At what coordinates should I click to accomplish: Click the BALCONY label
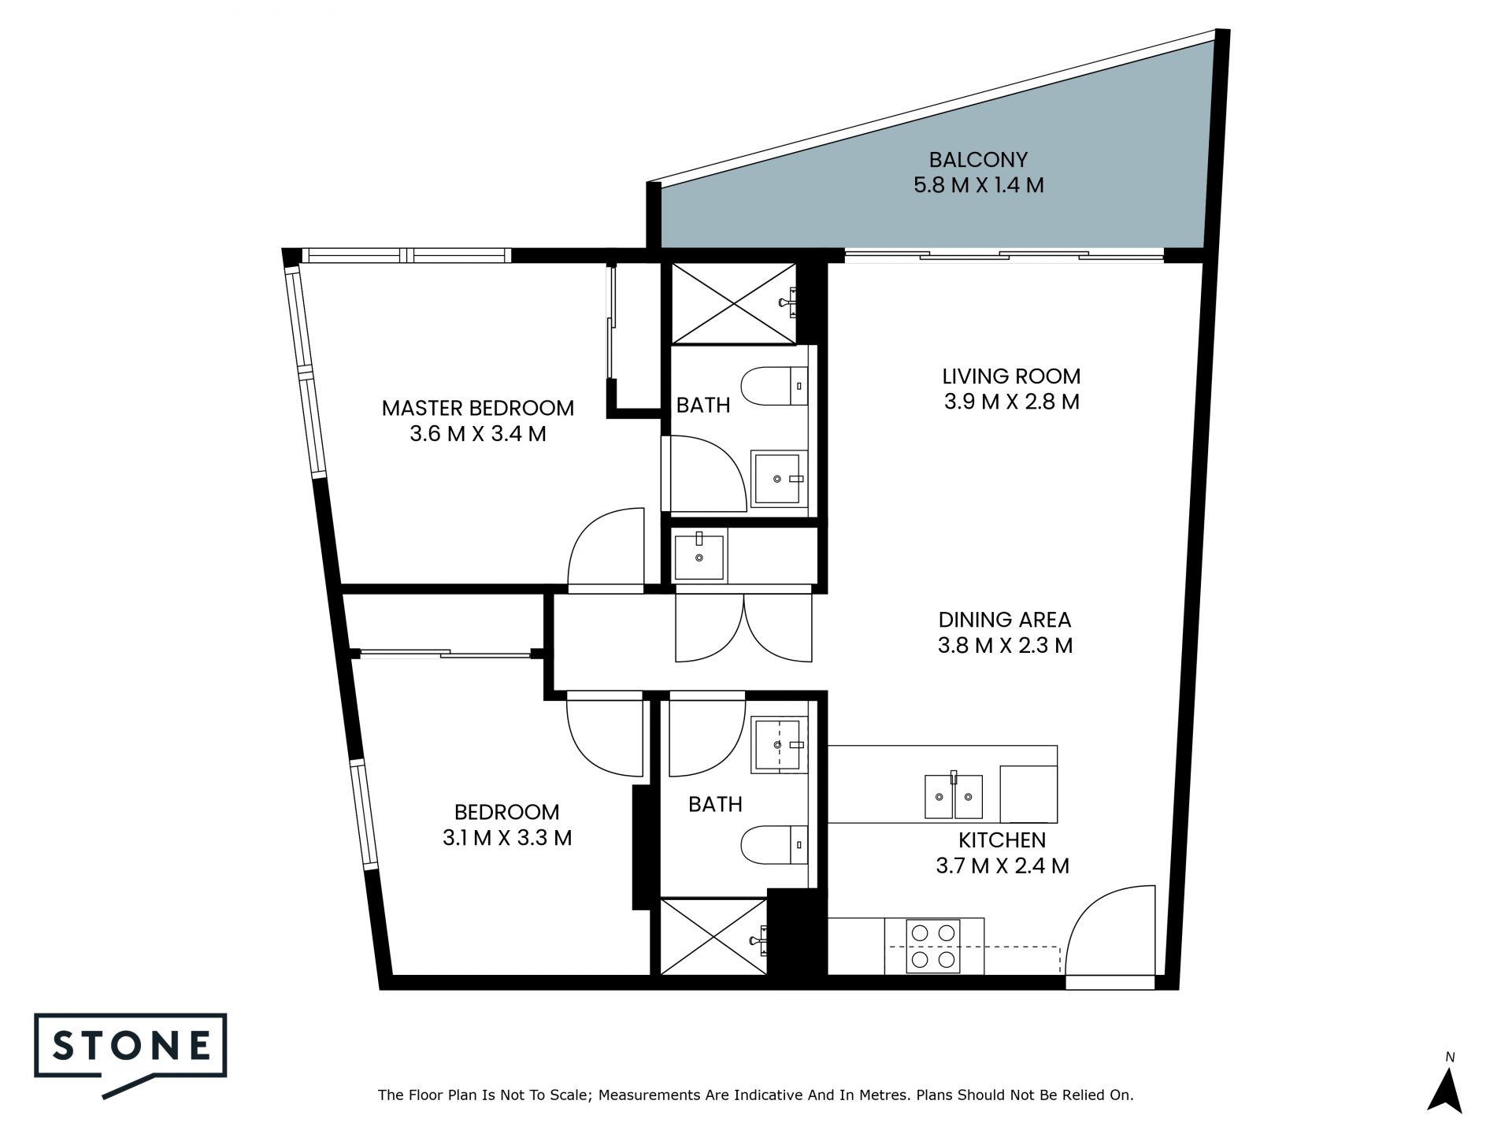click(978, 160)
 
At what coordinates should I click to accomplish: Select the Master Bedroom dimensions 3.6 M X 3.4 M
click(478, 434)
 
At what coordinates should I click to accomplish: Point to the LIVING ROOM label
click(1012, 376)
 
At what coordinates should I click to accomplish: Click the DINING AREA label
click(1005, 620)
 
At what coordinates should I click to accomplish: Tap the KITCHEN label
click(1002, 840)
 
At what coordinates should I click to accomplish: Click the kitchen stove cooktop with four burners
click(934, 946)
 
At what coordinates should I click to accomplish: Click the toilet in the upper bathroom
click(776, 386)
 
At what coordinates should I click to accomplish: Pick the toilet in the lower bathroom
click(774, 846)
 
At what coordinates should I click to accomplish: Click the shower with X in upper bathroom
click(733, 303)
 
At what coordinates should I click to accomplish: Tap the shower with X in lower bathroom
click(713, 936)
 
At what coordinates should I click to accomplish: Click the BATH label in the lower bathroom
click(715, 804)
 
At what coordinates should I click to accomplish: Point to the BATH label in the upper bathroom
click(703, 406)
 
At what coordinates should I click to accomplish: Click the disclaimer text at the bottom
click(756, 1095)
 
